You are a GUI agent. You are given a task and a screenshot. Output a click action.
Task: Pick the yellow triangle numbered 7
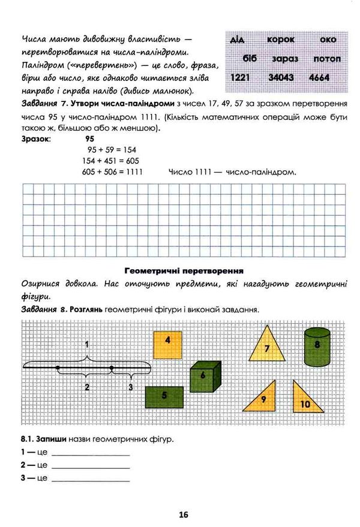pos(317,347)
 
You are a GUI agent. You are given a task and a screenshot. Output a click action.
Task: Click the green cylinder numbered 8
pos(264,399)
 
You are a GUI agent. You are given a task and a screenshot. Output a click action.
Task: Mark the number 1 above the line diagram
pos(87,345)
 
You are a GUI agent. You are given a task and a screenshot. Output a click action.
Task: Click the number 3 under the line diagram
pos(131,387)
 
